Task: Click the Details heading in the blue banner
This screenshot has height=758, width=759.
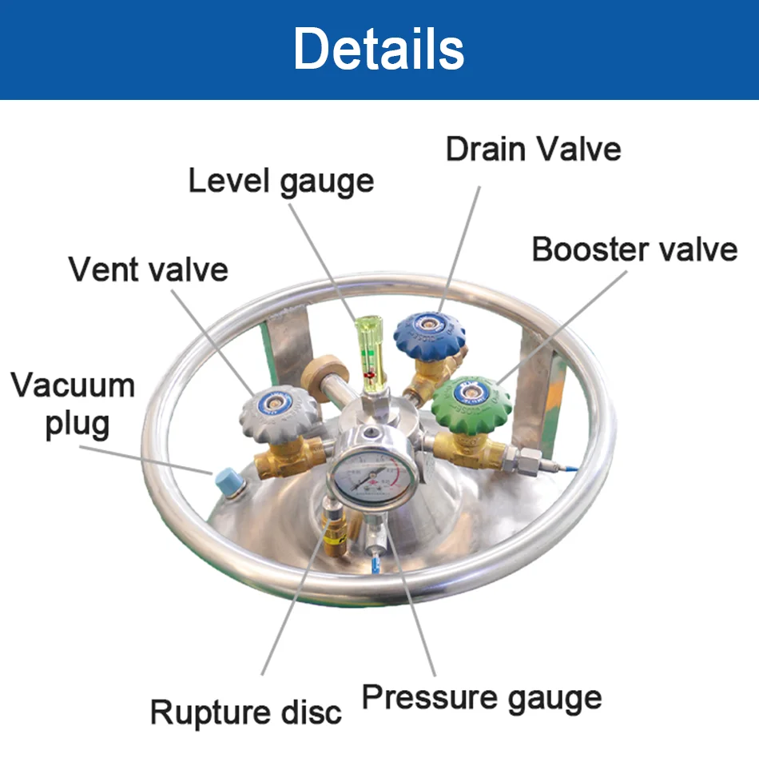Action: [379, 50]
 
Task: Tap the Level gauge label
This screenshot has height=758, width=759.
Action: [280, 181]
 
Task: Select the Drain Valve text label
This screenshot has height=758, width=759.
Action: [533, 149]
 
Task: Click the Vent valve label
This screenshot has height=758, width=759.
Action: [149, 269]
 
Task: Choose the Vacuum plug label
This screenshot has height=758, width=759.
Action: [73, 404]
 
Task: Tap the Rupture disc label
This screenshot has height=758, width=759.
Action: [245, 711]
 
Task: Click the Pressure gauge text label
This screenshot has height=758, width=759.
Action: [481, 696]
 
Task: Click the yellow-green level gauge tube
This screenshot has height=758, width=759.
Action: [370, 352]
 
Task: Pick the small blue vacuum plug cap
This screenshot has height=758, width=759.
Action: [224, 481]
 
